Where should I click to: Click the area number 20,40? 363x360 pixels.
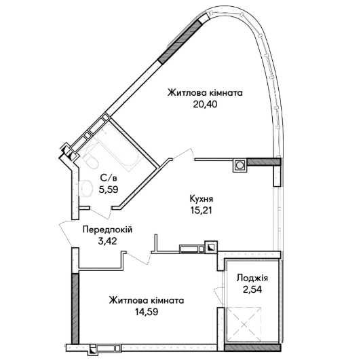pos(205,105)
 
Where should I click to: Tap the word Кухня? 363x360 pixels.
pos(202,199)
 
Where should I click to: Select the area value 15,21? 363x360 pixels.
pos(202,211)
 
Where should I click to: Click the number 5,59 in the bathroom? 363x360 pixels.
pos(109,190)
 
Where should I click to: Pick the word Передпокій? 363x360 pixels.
pos(107,230)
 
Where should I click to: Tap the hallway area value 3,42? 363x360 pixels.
pos(107,241)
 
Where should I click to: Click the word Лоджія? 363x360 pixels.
pos(252,278)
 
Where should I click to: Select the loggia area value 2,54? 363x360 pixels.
pos(252,289)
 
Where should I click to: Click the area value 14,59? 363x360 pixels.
pos(147,312)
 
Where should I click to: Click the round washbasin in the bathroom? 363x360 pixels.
pos(85,187)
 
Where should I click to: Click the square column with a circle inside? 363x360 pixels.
pos(240,165)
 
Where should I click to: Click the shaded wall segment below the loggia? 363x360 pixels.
pos(252,347)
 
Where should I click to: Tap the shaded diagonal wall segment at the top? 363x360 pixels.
pos(180,41)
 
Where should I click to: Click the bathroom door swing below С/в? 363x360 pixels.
pos(100,212)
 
